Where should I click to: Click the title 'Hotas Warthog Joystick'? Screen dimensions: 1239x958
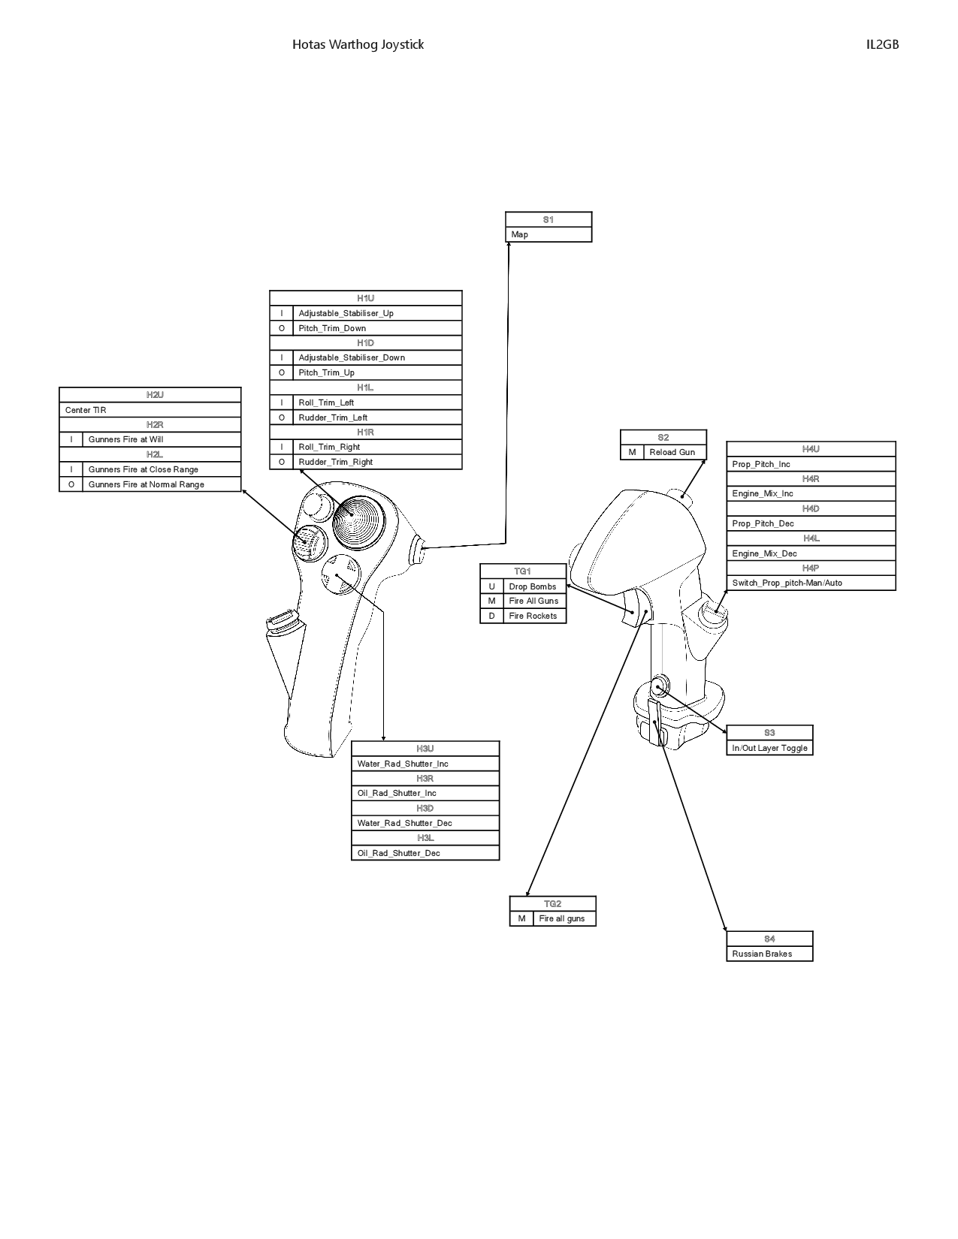[x=358, y=45]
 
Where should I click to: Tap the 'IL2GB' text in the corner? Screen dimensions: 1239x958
[x=882, y=45]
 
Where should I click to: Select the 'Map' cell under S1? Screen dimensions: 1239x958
[x=549, y=234]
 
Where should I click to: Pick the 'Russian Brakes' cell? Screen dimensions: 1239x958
[x=769, y=954]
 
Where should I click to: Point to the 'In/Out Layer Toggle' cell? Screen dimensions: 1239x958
[x=769, y=748]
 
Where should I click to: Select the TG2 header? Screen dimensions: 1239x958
[x=552, y=904]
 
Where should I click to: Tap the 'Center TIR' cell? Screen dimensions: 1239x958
[x=150, y=410]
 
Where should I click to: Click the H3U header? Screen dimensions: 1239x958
[x=425, y=749]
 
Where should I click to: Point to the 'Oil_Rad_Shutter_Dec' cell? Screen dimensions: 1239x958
[x=425, y=853]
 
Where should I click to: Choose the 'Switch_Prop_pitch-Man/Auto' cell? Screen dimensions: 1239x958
[x=811, y=583]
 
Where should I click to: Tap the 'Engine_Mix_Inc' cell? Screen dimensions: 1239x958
[x=811, y=493]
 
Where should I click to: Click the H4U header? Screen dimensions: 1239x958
[x=811, y=449]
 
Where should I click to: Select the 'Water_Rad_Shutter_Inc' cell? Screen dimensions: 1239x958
[x=425, y=764]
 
